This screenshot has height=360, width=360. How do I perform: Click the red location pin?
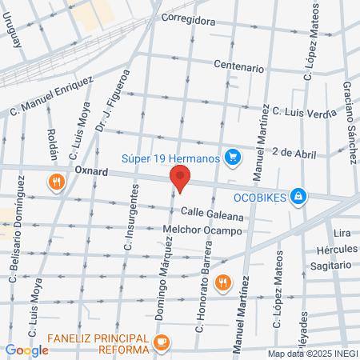point(180,178)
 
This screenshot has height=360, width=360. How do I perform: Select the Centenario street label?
point(238,68)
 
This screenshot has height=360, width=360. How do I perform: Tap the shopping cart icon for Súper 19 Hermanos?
point(232,158)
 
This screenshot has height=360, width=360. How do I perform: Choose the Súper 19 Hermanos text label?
point(170,158)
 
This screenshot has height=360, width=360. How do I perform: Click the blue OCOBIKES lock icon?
point(298,195)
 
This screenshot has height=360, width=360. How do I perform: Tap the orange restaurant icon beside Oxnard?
point(55,181)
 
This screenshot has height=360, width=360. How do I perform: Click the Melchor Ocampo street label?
point(202,231)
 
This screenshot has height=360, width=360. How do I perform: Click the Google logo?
point(26,350)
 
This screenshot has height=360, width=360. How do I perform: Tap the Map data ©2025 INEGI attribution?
point(313,354)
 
